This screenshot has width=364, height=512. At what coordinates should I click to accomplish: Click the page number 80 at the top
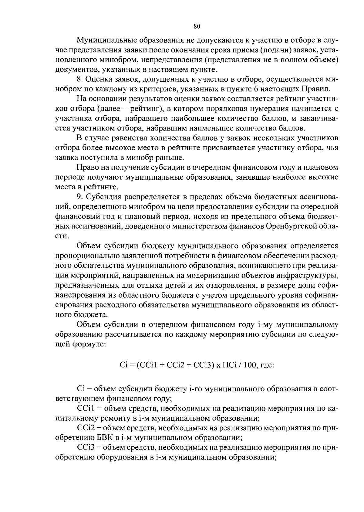(x=197, y=27)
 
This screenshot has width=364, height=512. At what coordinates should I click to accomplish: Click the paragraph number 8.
(x=80, y=80)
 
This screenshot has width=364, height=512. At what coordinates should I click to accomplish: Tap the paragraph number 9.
(x=80, y=197)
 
